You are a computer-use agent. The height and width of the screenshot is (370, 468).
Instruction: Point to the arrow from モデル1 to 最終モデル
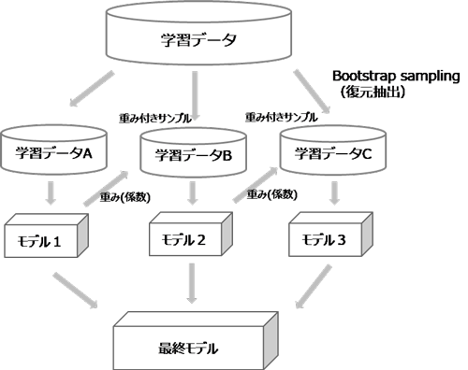(x=80, y=290)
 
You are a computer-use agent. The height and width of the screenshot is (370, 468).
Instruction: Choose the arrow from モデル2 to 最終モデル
(x=192, y=284)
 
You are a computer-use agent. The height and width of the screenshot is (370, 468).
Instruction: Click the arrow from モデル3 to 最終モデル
(x=314, y=285)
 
